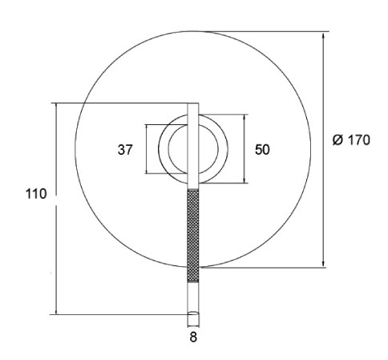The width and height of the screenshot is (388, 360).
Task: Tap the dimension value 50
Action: pos(261,150)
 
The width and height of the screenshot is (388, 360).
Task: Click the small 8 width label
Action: pos(192,338)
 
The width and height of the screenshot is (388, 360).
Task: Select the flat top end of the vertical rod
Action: pos(192,103)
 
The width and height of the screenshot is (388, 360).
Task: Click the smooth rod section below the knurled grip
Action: pos(192,297)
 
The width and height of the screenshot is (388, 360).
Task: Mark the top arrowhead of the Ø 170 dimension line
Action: pos(324,34)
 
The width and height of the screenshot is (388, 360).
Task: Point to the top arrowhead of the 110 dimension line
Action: pos(56,104)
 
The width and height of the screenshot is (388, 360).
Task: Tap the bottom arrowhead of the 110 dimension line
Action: pos(56,313)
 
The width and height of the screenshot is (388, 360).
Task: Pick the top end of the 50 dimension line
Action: pos(242,115)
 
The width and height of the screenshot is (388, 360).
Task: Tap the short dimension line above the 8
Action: pos(192,326)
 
